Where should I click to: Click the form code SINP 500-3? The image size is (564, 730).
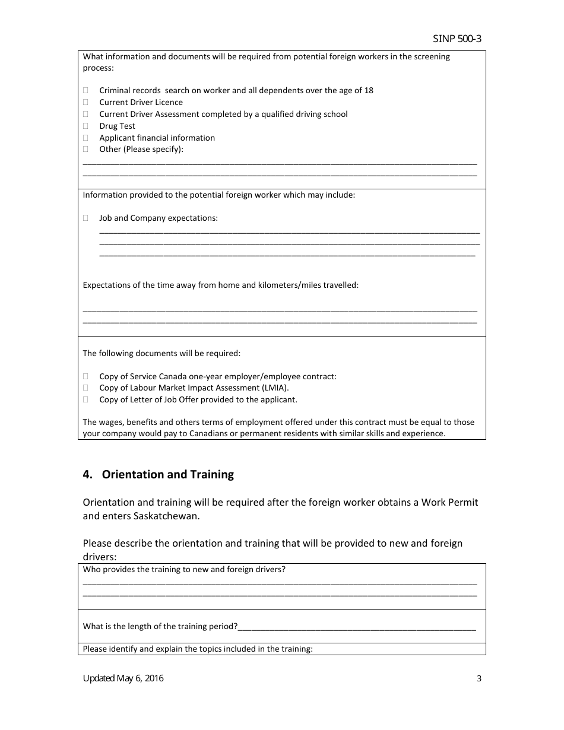(457, 39)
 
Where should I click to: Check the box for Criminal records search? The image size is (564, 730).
(85, 91)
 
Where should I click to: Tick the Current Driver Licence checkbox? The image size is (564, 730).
(85, 103)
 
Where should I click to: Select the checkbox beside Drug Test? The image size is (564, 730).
(85, 126)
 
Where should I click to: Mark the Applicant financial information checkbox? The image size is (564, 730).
(85, 138)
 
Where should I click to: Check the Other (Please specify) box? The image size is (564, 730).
(85, 150)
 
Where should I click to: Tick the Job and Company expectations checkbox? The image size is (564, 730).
(85, 218)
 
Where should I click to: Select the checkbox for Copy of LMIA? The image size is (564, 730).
(85, 388)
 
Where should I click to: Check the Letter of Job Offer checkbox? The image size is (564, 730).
(85, 400)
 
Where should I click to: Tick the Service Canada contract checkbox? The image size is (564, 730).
(85, 376)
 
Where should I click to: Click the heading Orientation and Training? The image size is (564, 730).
(167, 475)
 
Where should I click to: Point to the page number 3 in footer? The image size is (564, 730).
(479, 679)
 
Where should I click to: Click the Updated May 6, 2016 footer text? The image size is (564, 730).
(123, 678)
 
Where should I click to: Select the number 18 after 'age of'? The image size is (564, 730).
(369, 91)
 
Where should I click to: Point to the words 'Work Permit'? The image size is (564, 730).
(449, 502)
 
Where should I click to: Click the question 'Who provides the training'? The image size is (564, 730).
(184, 570)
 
